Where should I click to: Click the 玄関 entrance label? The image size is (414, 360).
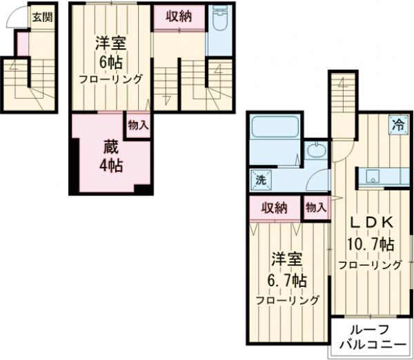(43, 17)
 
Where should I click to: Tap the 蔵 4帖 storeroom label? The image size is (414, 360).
(111, 156)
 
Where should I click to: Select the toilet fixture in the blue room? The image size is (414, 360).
(220, 18)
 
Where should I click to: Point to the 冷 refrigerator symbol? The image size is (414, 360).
(398, 125)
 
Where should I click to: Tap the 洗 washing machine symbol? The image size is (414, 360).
(261, 180)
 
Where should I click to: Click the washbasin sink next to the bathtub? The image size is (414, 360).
(317, 150)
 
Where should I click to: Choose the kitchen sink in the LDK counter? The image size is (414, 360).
(373, 177)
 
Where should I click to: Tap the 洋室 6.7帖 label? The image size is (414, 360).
(288, 270)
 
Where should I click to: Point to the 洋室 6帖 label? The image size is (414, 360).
(110, 53)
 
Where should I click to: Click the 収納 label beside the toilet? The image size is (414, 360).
(179, 17)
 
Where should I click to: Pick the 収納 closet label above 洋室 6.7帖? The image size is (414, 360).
(274, 208)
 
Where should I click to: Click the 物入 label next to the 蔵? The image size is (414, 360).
(139, 125)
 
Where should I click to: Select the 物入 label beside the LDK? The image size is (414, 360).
(316, 208)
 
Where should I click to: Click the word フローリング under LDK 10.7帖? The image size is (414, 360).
(370, 265)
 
